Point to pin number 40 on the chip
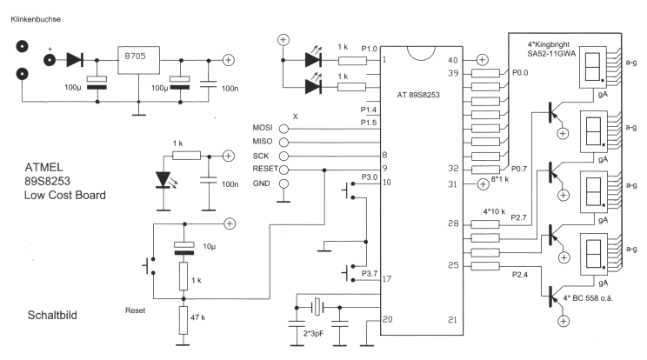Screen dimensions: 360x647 [x=452, y=60]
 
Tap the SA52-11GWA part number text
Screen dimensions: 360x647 [x=558, y=53]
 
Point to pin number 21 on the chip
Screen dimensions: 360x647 [x=452, y=320]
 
